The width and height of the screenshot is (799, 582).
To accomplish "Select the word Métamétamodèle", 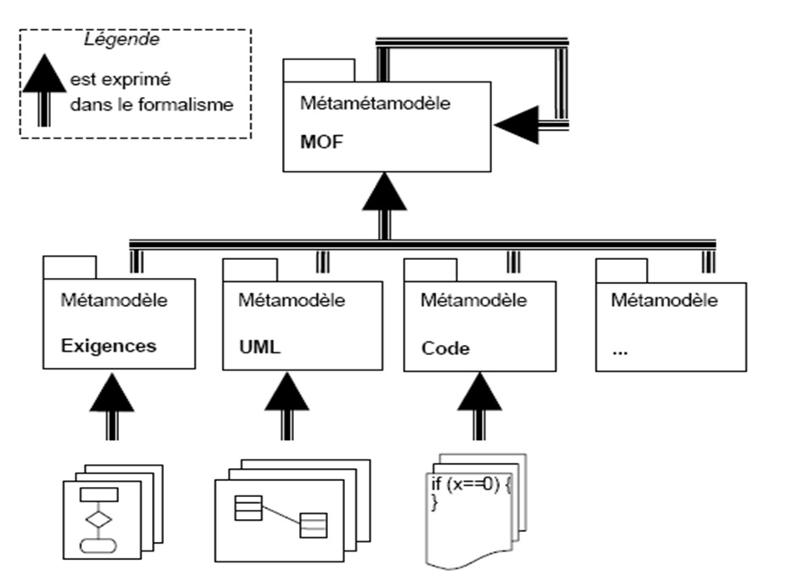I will [x=375, y=105].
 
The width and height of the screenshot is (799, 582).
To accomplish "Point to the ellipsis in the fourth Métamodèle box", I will [x=621, y=351].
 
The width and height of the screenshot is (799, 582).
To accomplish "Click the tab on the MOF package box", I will [x=320, y=71].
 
